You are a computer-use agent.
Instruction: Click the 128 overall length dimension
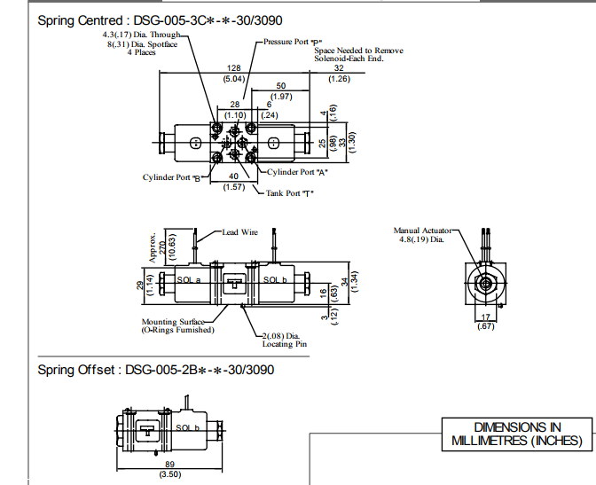tap(234, 68)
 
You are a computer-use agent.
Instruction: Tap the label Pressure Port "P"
tap(293, 42)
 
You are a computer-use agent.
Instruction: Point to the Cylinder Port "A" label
tap(297, 172)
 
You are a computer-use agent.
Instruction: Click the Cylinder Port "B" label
tap(171, 177)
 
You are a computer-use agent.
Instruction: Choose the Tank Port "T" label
tap(290, 193)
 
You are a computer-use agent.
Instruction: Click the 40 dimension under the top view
tap(234, 176)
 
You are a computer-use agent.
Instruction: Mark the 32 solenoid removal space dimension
tap(339, 68)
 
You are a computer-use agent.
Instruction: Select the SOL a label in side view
tap(189, 280)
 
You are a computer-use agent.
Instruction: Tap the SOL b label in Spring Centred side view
tap(275, 280)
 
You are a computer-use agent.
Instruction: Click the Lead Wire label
tap(239, 232)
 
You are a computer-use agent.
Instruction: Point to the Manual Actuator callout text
tap(422, 235)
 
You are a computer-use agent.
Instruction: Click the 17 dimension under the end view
tap(486, 317)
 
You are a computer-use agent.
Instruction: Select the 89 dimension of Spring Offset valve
tap(170, 465)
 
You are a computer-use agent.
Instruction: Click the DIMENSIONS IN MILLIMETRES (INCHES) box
tap(517, 434)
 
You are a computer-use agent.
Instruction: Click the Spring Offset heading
tap(156, 370)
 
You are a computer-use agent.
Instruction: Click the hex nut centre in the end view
tap(485, 283)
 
